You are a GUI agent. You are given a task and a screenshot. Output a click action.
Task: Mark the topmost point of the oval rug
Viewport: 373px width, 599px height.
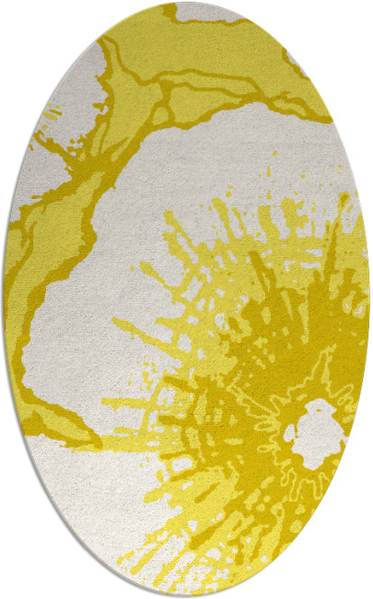click(x=187, y=3)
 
